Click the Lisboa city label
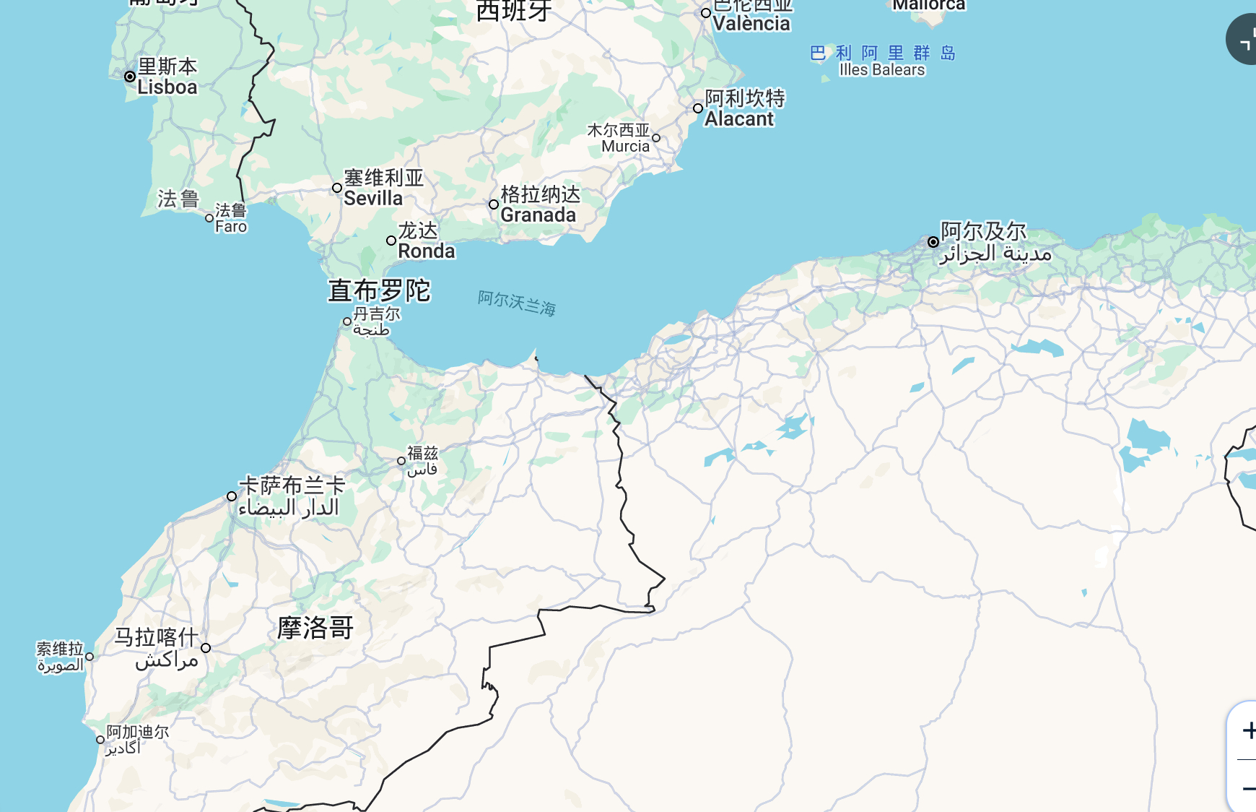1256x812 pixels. (167, 77)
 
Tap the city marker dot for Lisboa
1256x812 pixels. (130, 77)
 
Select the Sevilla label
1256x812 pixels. (383, 188)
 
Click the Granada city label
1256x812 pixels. (540, 204)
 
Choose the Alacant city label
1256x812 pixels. (743, 108)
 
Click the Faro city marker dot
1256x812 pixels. (209, 218)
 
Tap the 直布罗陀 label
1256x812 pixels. (379, 290)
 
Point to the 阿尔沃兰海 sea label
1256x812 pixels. (517, 303)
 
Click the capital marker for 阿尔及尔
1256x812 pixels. (933, 242)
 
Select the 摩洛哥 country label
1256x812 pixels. (315, 628)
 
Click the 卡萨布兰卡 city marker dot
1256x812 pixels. (232, 496)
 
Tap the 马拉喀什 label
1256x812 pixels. (157, 647)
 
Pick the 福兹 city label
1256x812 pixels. (422, 461)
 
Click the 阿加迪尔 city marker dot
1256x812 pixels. (100, 740)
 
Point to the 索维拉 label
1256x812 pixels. (60, 657)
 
